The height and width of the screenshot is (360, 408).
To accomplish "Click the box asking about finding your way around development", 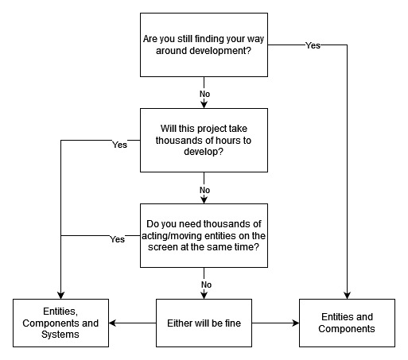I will (x=204, y=45).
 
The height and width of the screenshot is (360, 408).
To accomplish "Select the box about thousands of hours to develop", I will (x=204, y=140).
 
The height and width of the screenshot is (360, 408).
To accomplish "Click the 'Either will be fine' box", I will (x=204, y=323).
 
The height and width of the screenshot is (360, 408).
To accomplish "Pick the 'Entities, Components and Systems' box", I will (x=60, y=323).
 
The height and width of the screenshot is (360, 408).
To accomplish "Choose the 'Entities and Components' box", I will (x=347, y=323).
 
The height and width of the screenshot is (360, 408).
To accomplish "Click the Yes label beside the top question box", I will (x=313, y=45).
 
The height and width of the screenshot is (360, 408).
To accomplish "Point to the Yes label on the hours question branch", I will (x=119, y=145).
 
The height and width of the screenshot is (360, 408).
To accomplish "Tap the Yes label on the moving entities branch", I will (x=117, y=238).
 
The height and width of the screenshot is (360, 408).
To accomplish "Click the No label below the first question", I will (x=204, y=94).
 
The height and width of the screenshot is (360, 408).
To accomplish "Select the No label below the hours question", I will (x=204, y=190).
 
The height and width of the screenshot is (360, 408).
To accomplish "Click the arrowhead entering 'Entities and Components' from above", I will (x=347, y=295).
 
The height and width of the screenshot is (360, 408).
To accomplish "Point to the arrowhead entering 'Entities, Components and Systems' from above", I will (x=60, y=295).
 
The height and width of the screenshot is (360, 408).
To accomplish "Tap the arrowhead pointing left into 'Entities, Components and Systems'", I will (x=113, y=323).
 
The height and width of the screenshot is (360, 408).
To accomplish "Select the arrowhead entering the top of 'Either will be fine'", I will (x=204, y=295).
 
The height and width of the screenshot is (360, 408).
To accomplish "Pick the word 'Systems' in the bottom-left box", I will (x=60, y=335).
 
